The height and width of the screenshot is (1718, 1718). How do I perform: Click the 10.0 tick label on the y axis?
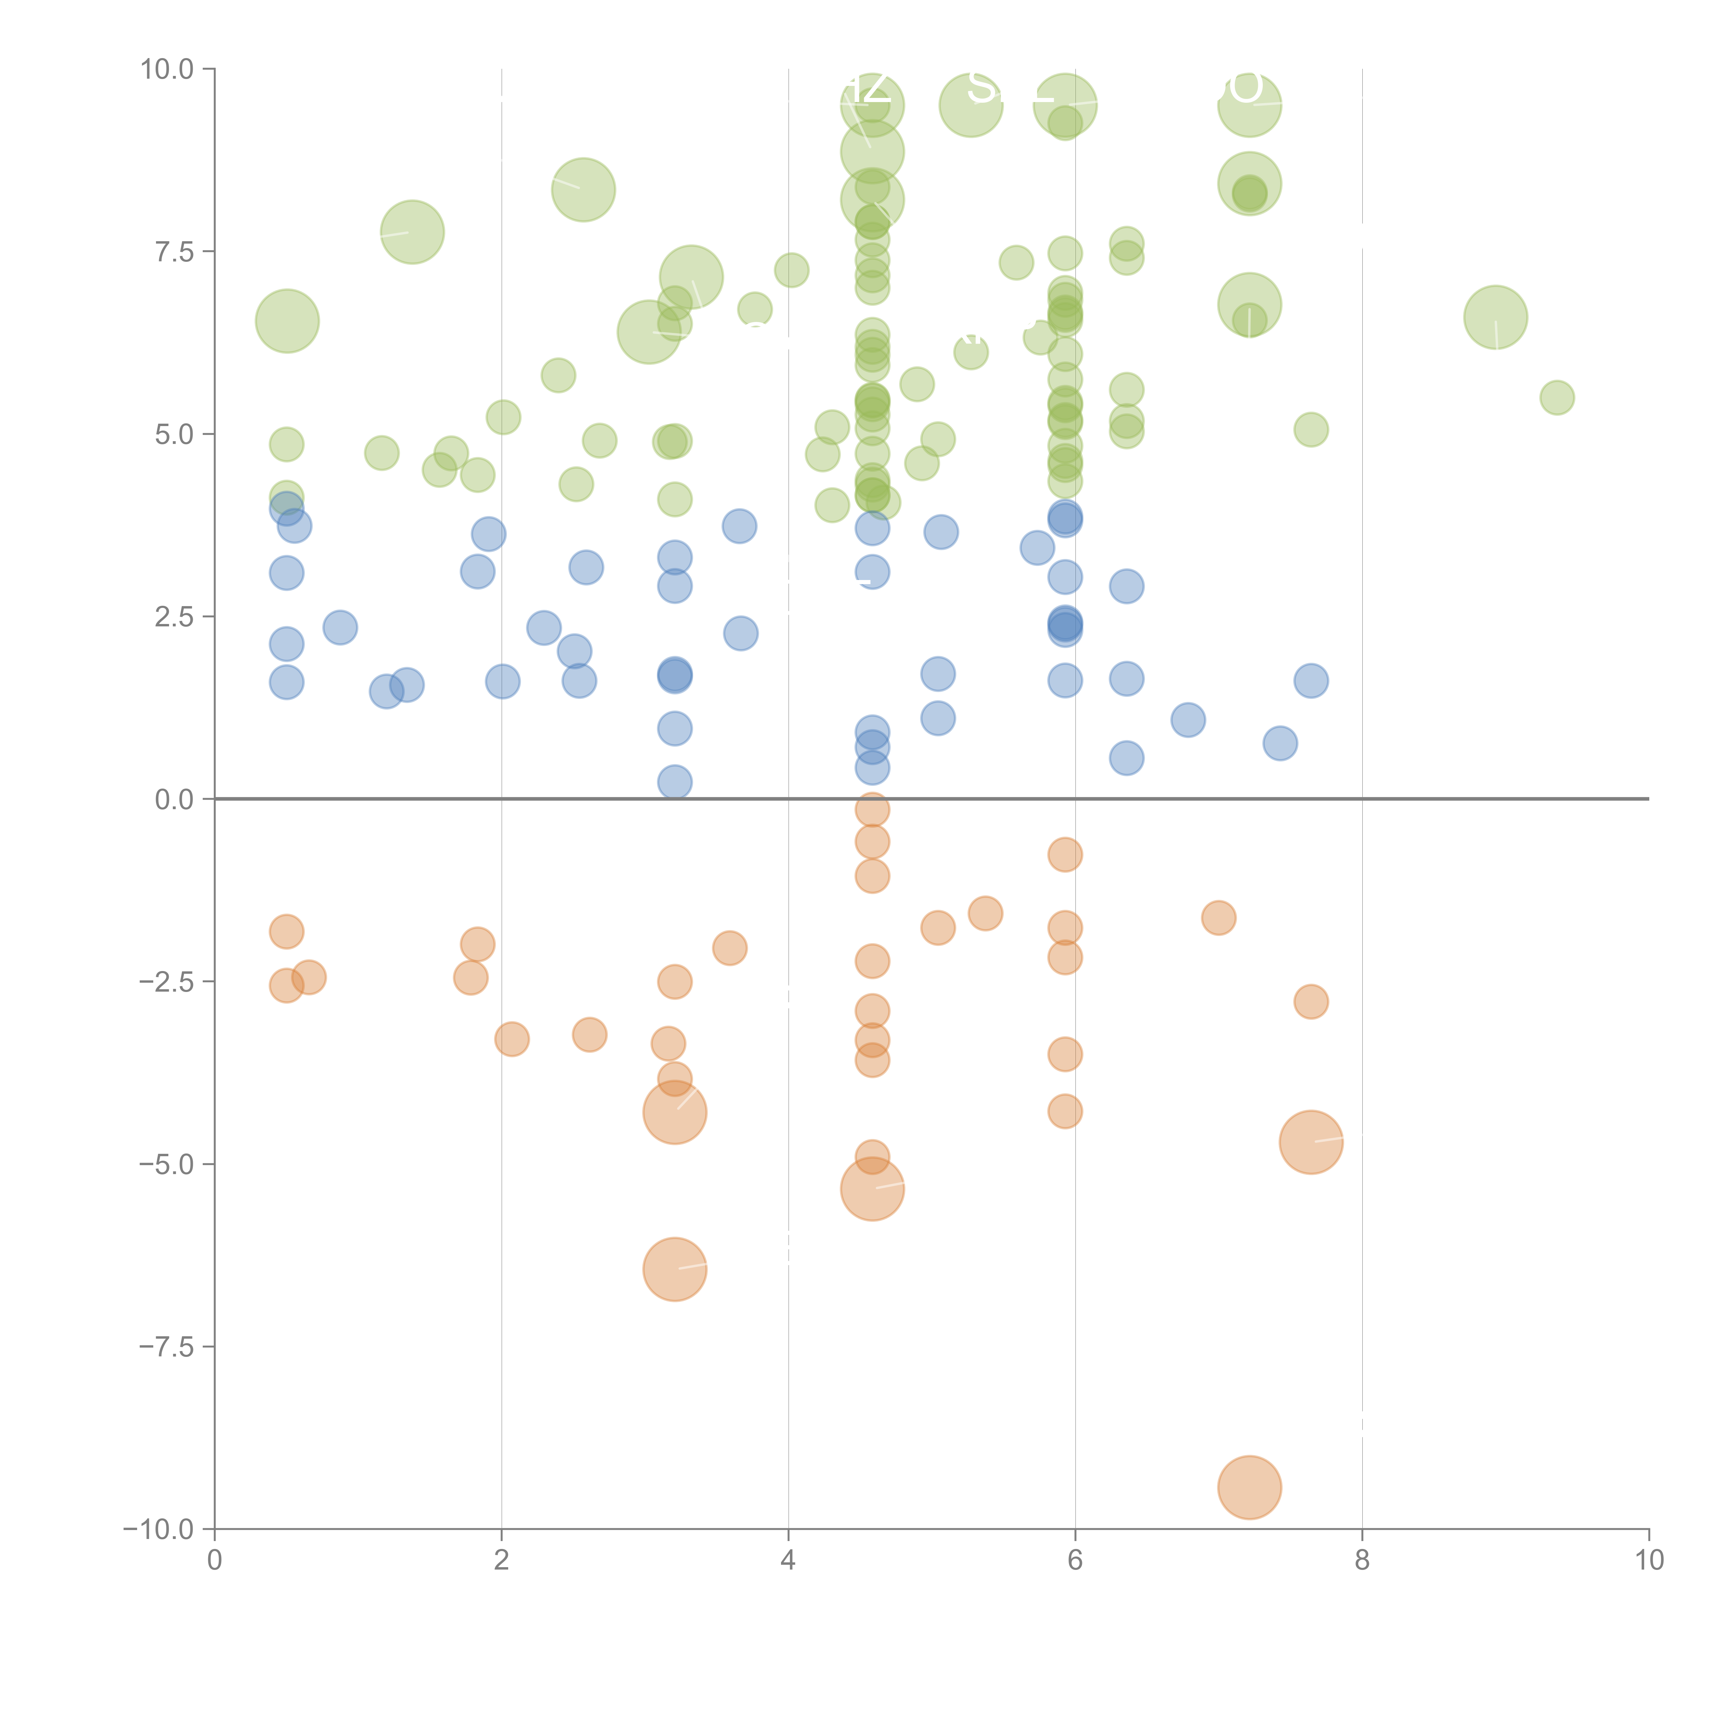pyautogui.click(x=167, y=69)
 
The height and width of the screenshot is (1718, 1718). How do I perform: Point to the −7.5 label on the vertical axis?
pyautogui.click(x=167, y=1346)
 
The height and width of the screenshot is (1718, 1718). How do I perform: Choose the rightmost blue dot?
pyautogui.click(x=1311, y=681)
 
